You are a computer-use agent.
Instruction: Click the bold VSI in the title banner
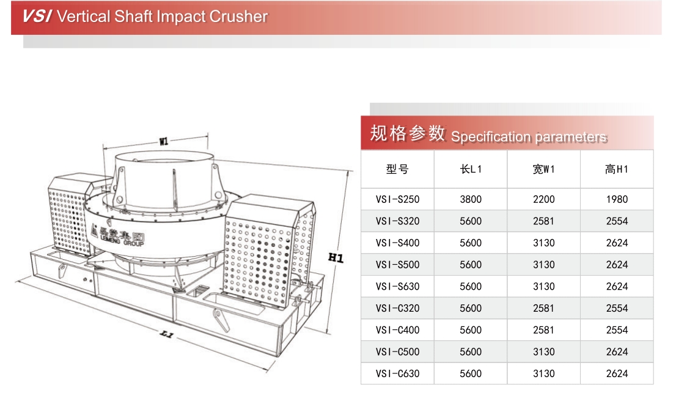pyautogui.click(x=37, y=17)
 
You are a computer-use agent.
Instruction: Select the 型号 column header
pyautogui.click(x=397, y=169)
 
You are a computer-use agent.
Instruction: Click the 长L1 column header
pyautogui.click(x=471, y=169)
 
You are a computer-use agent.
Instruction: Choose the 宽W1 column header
pyautogui.click(x=543, y=169)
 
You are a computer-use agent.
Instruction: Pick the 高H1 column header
pyautogui.click(x=617, y=169)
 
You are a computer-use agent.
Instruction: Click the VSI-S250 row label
pyautogui.click(x=397, y=199)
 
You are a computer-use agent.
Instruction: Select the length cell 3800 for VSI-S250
pyautogui.click(x=471, y=199)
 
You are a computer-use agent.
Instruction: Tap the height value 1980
pyautogui.click(x=617, y=199)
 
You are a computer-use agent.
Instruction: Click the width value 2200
pyautogui.click(x=543, y=199)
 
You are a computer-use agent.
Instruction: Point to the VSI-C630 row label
pyautogui.click(x=397, y=373)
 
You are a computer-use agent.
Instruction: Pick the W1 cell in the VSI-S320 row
pyautogui.click(x=543, y=221)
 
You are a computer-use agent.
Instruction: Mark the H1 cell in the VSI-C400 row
pyautogui.click(x=617, y=330)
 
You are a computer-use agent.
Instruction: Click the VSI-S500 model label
pyautogui.click(x=397, y=265)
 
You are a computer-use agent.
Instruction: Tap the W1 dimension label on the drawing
pyautogui.click(x=163, y=141)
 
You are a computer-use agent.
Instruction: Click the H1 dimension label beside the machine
pyautogui.click(x=336, y=258)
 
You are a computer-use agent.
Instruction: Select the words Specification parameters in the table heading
pyautogui.click(x=529, y=137)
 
